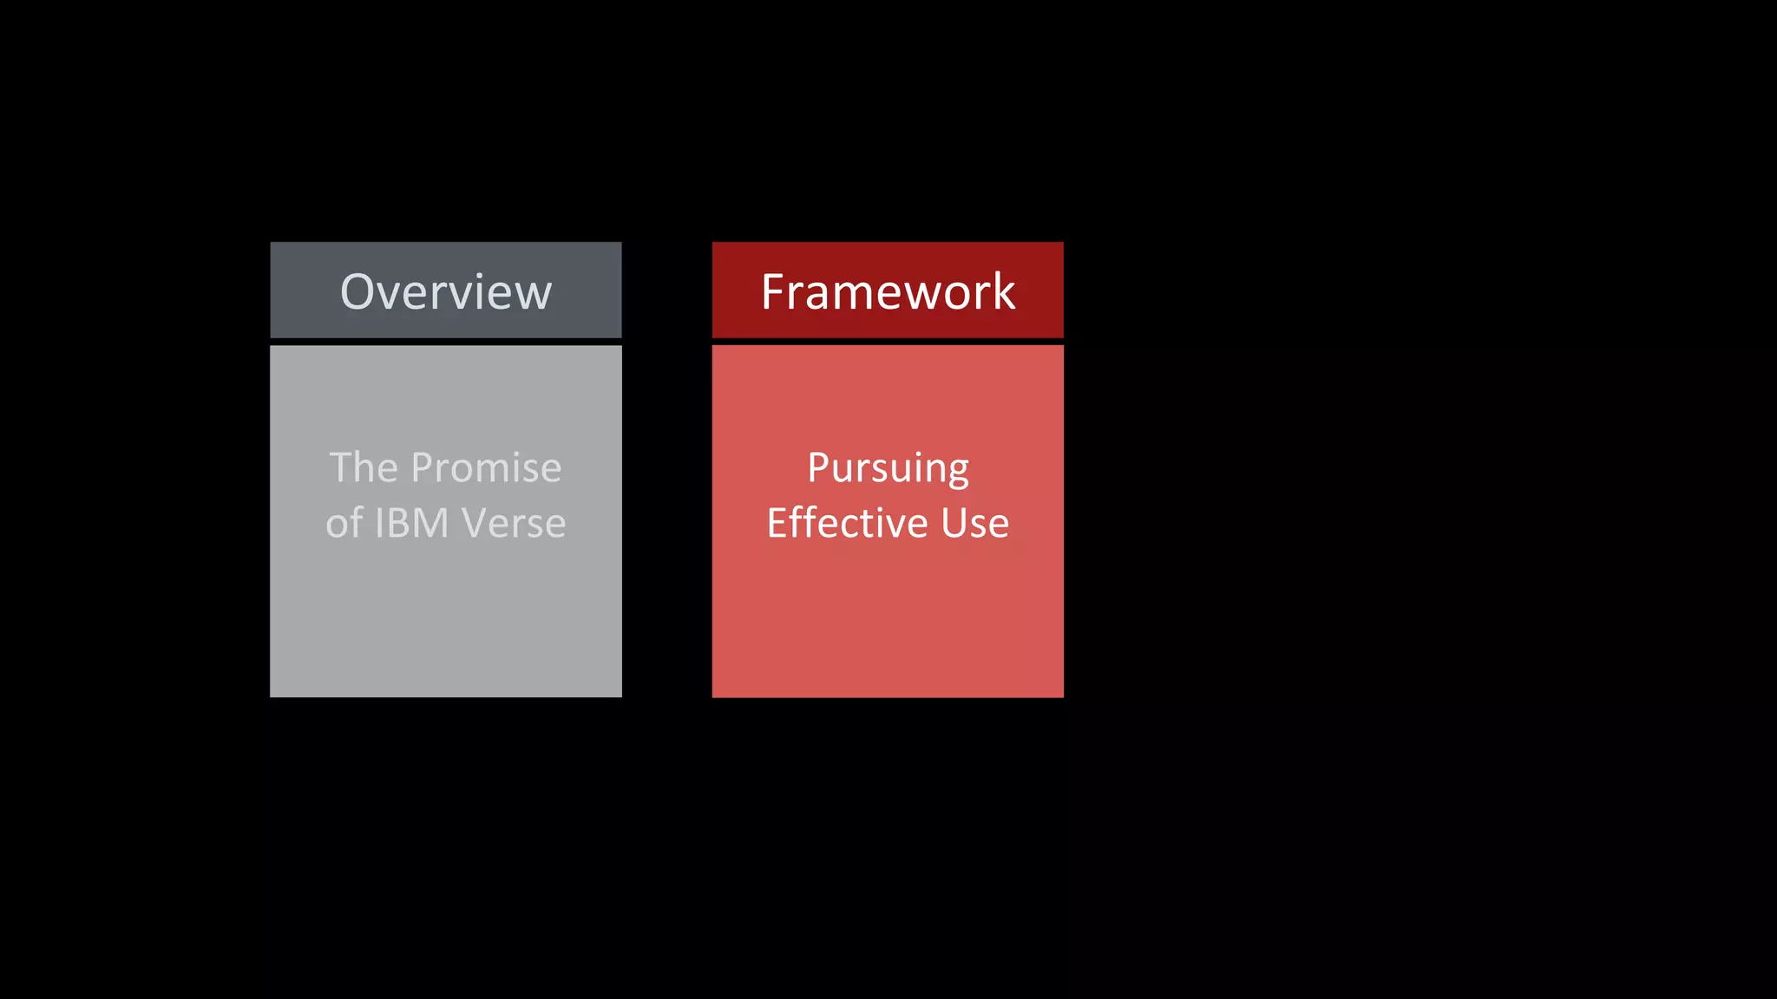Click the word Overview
446,291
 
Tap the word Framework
888,291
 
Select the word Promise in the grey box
486,468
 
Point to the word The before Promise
364,468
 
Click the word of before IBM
344,523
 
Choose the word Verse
514,523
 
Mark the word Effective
847,523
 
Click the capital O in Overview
358,291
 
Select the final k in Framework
1002,291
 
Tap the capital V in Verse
476,523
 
